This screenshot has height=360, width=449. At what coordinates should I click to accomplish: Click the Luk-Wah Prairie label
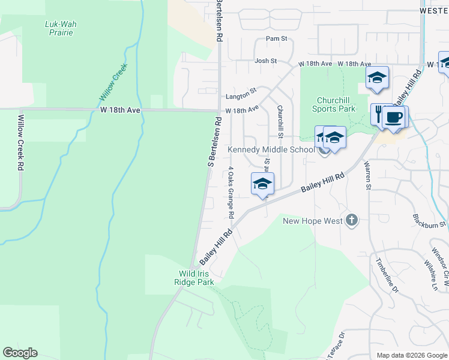tap(61, 28)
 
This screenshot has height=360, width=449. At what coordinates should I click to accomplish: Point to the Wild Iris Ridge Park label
tap(194, 277)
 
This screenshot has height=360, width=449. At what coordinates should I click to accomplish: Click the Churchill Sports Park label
tap(334, 104)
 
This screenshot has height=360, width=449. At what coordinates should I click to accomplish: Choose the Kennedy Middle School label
tap(271, 149)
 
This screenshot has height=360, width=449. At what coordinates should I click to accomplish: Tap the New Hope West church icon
tap(352, 221)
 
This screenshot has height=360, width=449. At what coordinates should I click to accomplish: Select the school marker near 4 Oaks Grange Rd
tap(262, 183)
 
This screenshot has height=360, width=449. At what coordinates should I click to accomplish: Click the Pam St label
tap(277, 39)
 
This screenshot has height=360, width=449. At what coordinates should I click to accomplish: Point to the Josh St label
tap(265, 61)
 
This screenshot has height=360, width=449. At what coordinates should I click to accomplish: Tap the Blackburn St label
tap(429, 221)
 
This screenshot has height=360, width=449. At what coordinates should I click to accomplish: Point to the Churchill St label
tap(280, 121)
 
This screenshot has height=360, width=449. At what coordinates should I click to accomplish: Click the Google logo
tap(20, 353)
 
